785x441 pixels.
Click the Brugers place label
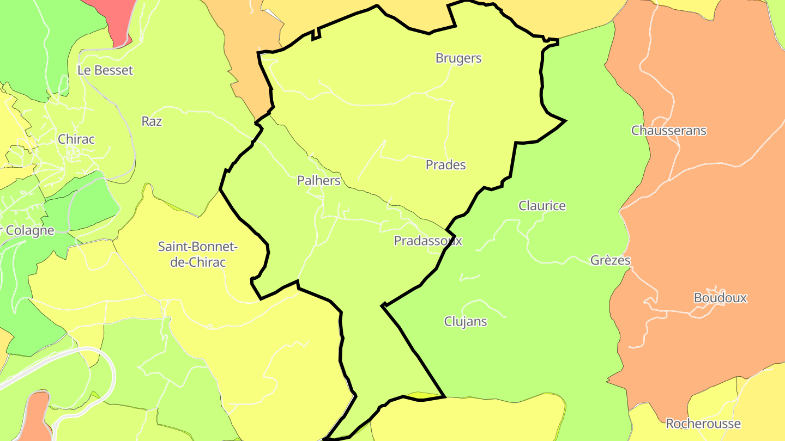coord(458,58)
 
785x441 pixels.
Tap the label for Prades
coord(446,165)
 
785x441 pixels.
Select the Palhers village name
coord(319,181)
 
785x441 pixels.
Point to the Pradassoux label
coord(428,241)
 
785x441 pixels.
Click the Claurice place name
coord(542,206)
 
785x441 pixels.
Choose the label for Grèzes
coord(611,260)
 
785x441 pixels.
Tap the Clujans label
coord(466,321)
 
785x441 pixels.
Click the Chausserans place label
coord(669,131)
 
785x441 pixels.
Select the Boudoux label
coord(720,298)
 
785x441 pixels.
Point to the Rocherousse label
coord(703,424)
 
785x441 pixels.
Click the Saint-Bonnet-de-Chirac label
coord(198,254)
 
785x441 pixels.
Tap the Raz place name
coord(152,121)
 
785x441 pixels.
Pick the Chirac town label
coord(76,139)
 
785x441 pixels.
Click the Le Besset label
coord(105,70)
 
